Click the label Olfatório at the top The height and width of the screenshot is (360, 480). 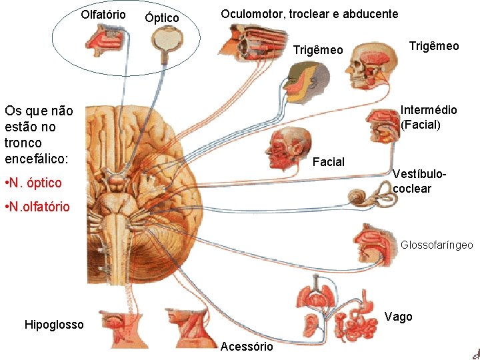tap(103, 14)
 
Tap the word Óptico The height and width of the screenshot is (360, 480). tap(162, 18)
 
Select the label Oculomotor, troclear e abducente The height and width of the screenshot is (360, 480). tap(309, 14)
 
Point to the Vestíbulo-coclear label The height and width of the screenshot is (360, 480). tap(419, 181)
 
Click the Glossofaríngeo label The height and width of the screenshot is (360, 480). tap(437, 245)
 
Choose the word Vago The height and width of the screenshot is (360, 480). tap(399, 317)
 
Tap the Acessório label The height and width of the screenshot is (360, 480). tap(247, 346)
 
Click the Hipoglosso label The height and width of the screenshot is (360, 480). tap(54, 325)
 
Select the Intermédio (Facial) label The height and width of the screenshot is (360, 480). tap(429, 117)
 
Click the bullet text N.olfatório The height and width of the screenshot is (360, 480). tap(37, 207)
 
